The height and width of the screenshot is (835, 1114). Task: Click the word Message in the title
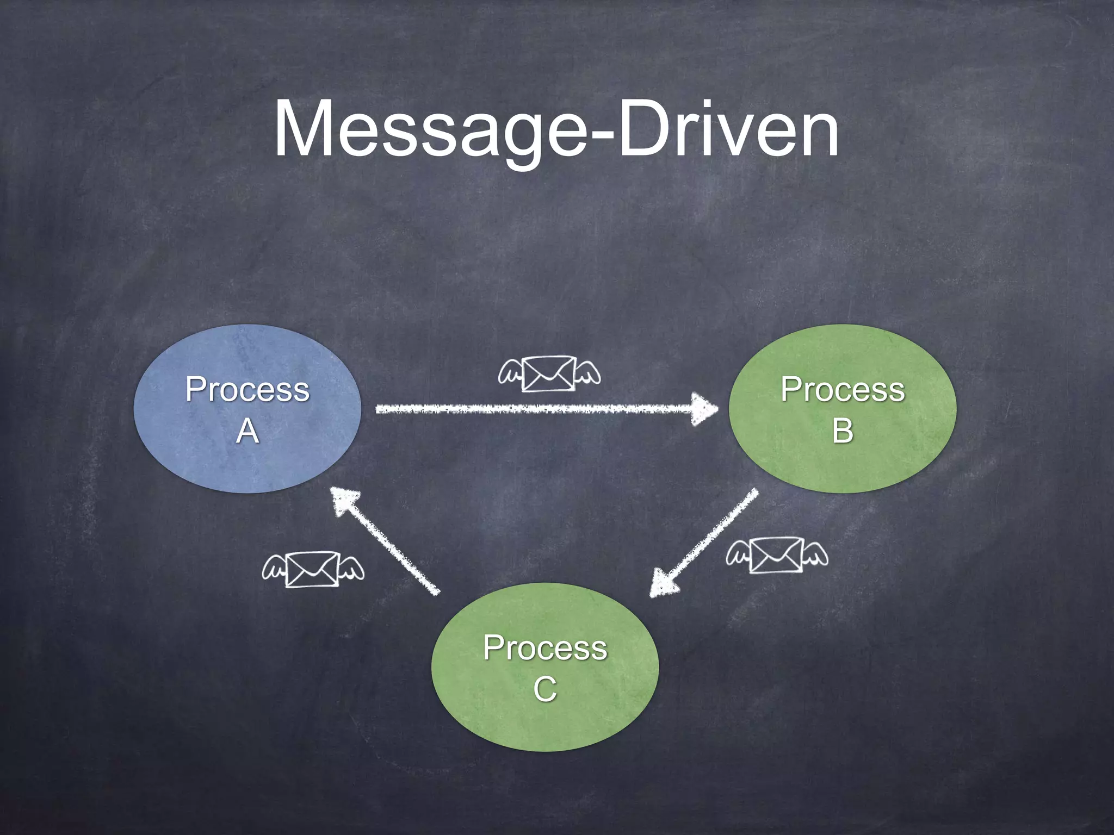click(430, 130)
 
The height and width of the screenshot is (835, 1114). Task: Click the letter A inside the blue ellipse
click(247, 432)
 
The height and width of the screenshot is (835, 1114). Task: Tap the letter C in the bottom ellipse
click(545, 689)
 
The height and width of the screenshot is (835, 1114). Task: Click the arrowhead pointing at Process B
click(704, 409)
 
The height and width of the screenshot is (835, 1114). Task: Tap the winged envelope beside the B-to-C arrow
click(776, 554)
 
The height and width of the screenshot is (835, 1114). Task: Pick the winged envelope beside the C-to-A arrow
click(313, 569)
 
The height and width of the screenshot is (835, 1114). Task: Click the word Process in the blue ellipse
click(247, 390)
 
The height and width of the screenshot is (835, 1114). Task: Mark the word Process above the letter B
click(843, 390)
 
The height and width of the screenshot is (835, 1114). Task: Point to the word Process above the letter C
click(545, 648)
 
